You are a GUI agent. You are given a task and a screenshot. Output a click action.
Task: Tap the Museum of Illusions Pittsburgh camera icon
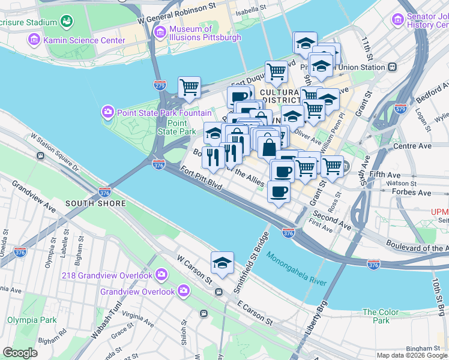160,32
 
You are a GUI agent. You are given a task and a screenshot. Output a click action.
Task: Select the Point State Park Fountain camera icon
108,112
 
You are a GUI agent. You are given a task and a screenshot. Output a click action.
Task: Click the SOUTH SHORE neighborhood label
96,203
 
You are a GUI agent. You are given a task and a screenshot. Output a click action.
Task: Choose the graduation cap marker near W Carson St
222,262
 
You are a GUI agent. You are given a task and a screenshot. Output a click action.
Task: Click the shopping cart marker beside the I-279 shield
189,87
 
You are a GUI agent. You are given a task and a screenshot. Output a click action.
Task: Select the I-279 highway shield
160,86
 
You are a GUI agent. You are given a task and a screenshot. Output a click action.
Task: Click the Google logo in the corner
20,352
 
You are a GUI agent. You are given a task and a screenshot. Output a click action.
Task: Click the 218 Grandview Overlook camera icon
161,275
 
